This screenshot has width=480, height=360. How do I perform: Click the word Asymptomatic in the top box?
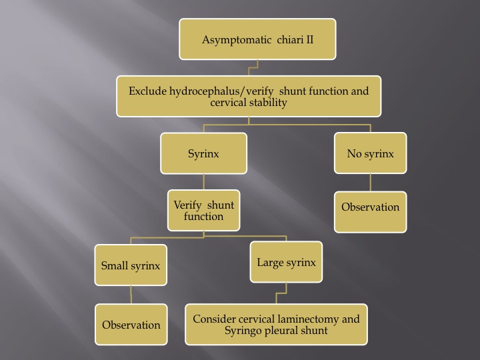click(237, 40)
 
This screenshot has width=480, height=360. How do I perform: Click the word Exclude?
click(147, 91)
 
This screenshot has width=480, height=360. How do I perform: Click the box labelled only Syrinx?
click(203, 153)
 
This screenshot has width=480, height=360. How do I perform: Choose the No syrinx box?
click(371, 153)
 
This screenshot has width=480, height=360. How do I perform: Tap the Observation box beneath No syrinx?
click(371, 212)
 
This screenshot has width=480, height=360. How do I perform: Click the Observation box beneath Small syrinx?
click(131, 325)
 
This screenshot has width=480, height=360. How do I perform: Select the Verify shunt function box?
click(203, 210)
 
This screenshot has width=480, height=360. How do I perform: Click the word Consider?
click(214, 319)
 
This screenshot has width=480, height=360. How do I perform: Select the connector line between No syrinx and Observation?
click(371, 183)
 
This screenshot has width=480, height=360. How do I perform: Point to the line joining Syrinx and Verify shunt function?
click(203, 182)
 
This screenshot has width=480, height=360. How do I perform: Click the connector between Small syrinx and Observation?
click(131, 295)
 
